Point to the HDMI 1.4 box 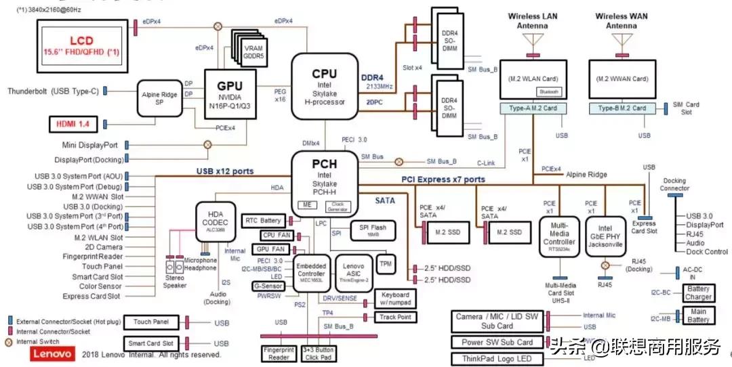[73, 124]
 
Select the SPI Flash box [373, 230]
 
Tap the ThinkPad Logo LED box [497, 359]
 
